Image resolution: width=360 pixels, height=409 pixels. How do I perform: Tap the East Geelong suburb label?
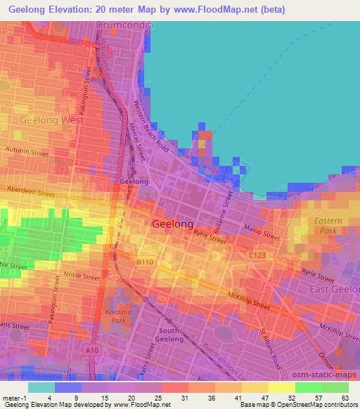[334, 290]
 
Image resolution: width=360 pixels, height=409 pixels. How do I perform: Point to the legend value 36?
[212, 397]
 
